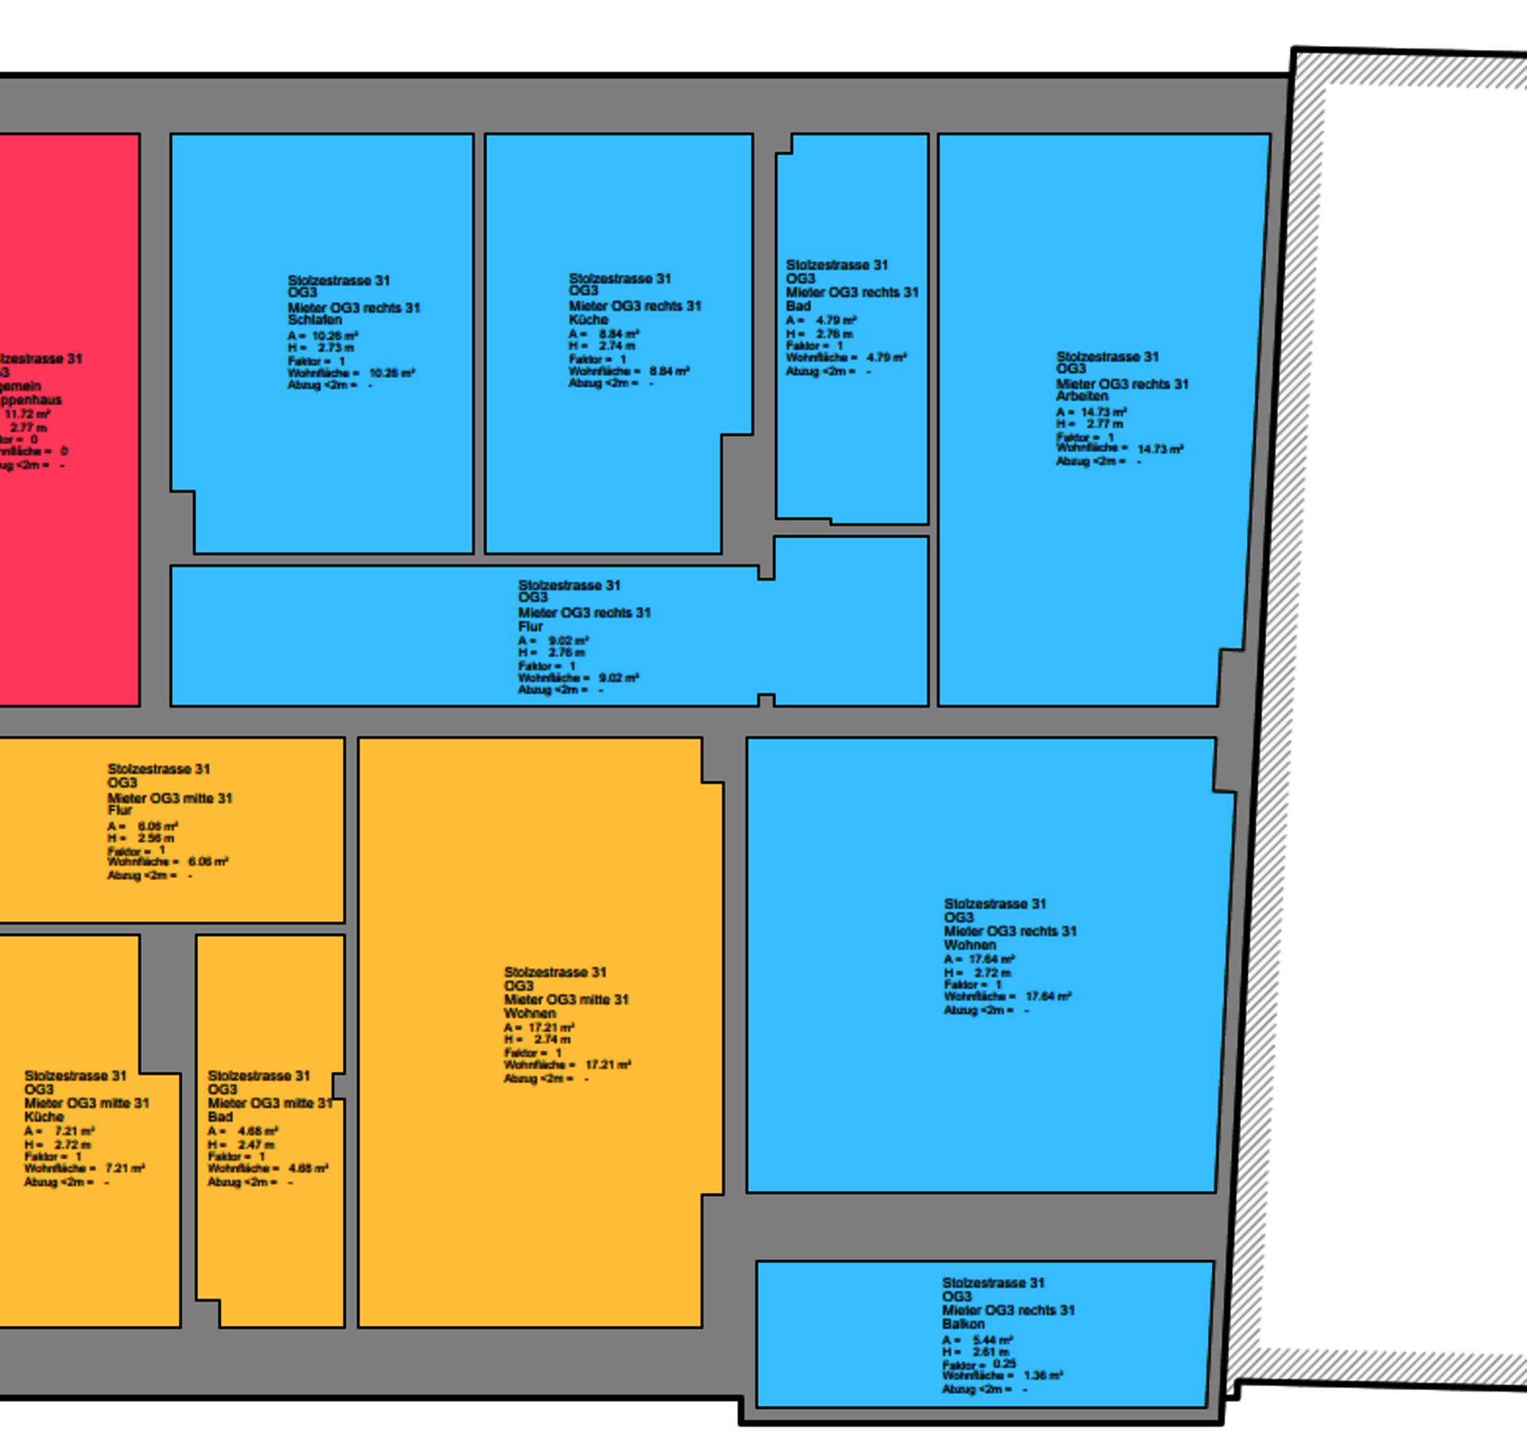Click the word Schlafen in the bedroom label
pyautogui.click(x=314, y=319)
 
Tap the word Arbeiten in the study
pyautogui.click(x=1082, y=395)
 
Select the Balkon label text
pyautogui.click(x=963, y=1324)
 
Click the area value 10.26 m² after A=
pyautogui.click(x=335, y=336)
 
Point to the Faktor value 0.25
pyautogui.click(x=1004, y=1363)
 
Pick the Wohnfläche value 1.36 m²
pyautogui.click(x=1043, y=1375)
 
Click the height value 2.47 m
pyautogui.click(x=256, y=1144)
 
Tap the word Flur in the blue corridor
pyautogui.click(x=530, y=626)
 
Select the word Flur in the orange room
pyautogui.click(x=120, y=810)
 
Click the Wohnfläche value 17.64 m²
pyautogui.click(x=1048, y=996)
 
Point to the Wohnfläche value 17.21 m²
pyautogui.click(x=608, y=1064)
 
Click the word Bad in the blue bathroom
pyautogui.click(x=798, y=306)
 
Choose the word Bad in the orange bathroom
pyautogui.click(x=220, y=1116)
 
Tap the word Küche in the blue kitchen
pyautogui.click(x=589, y=319)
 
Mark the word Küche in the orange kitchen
pyautogui.click(x=44, y=1116)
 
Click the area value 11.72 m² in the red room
pyautogui.click(x=27, y=414)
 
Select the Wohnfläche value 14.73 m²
pyautogui.click(x=1160, y=449)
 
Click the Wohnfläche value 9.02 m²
pyautogui.click(x=619, y=678)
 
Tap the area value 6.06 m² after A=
pyautogui.click(x=157, y=826)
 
